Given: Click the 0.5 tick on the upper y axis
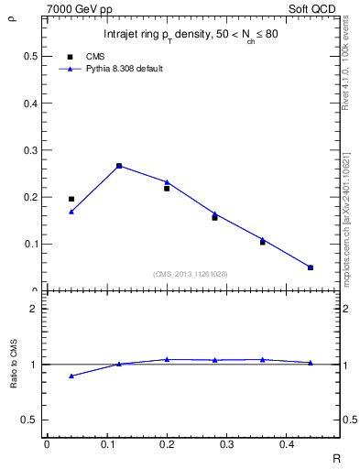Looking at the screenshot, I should click(31, 56).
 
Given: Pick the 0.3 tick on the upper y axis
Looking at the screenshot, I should click(31, 150).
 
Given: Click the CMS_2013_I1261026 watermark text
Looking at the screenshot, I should click(191, 273).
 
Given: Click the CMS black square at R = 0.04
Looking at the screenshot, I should click(71, 199).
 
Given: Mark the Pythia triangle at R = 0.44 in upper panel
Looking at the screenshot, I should click(311, 267).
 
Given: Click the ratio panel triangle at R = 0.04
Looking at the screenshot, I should click(71, 376).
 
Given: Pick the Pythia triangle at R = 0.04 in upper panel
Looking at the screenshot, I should click(71, 212).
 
